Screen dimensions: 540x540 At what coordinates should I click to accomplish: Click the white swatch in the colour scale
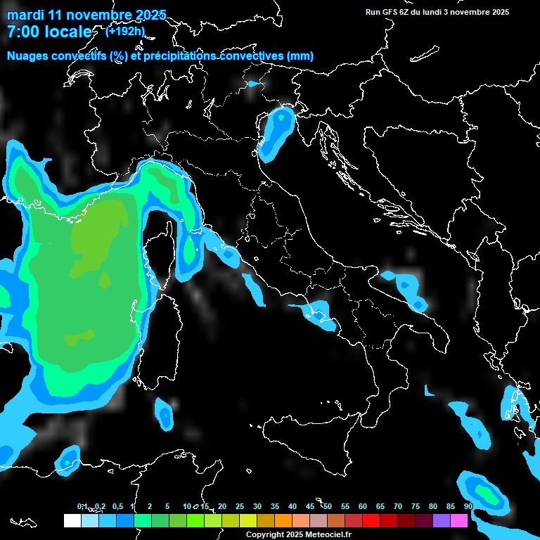click(x=72, y=520)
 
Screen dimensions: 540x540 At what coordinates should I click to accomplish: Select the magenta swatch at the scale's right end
click(x=459, y=520)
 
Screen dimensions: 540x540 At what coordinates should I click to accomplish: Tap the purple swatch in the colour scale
click(x=442, y=520)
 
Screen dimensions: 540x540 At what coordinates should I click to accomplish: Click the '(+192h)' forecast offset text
click(x=124, y=31)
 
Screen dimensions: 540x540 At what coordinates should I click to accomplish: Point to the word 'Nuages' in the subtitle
click(x=28, y=56)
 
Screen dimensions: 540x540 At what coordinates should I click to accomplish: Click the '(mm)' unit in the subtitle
click(x=300, y=56)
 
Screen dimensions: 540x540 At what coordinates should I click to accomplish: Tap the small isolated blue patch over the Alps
click(x=253, y=84)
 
